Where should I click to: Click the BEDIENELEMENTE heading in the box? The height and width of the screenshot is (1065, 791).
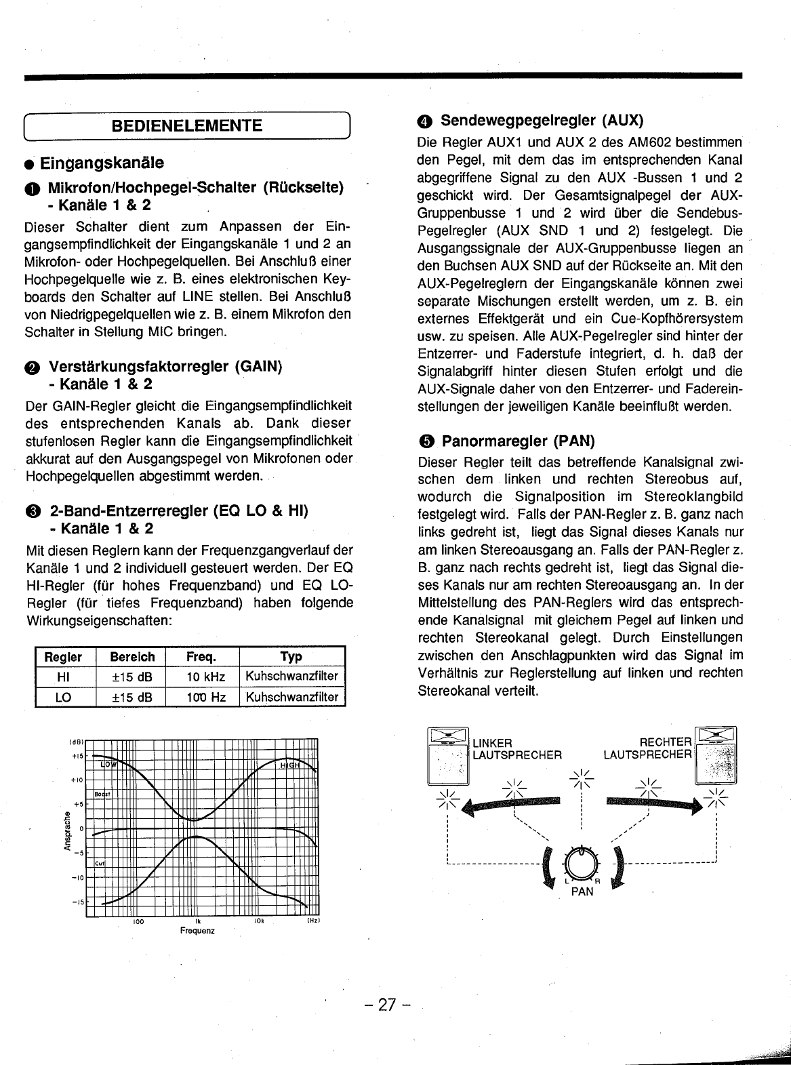pyautogui.click(x=187, y=126)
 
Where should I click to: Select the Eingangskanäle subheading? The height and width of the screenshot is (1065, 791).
pyautogui.click(x=102, y=163)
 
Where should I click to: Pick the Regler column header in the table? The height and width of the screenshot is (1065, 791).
pyautogui.click(x=63, y=657)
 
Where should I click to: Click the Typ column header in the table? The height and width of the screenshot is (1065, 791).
pyautogui.click(x=291, y=657)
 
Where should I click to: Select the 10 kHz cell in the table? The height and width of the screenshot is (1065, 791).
pyautogui.click(x=206, y=677)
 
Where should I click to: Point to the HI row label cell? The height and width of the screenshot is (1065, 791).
pyautogui.click(x=63, y=677)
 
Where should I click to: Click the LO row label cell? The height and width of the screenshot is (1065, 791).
pyautogui.click(x=63, y=697)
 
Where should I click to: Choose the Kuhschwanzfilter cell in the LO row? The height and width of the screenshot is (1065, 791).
pyautogui.click(x=291, y=697)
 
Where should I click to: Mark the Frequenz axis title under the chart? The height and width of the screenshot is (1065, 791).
pyautogui.click(x=197, y=931)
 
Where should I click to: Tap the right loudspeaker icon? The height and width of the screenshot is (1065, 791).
pyautogui.click(x=716, y=755)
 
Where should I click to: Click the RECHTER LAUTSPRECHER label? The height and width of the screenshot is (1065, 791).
pyautogui.click(x=648, y=748)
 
